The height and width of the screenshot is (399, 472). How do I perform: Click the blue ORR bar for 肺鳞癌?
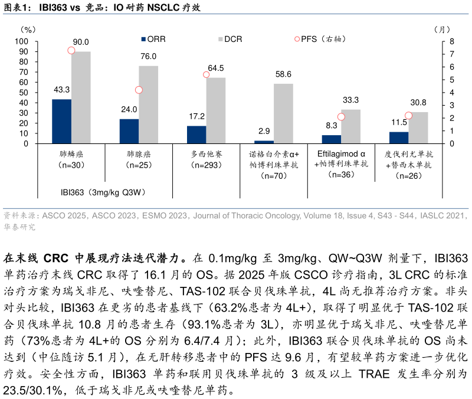pos(61,121)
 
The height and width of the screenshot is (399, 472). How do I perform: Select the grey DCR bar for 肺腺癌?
pos(148,104)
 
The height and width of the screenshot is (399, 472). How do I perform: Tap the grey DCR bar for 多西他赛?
pos(215,110)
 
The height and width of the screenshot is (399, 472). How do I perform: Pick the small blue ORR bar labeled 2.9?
pos(264,142)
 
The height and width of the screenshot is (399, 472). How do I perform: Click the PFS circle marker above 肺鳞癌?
pos(71,50)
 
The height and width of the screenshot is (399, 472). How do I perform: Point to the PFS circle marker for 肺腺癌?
pos(139,90)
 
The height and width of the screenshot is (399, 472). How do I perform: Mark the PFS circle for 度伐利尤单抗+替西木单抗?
pos(408,116)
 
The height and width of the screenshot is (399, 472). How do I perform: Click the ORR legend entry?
pos(153,39)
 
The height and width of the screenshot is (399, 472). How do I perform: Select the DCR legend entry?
pos(230,39)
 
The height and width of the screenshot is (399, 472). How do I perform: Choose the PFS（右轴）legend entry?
pos(319,39)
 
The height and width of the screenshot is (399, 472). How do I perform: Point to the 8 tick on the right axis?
pos(451,41)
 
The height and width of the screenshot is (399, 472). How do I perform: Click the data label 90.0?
pos(81,42)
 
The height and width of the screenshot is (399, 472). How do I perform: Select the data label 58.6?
pos(283,74)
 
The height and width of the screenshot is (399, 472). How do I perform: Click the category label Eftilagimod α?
pos(342,153)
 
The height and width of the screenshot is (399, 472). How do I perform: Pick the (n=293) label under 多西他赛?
pos(206,165)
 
